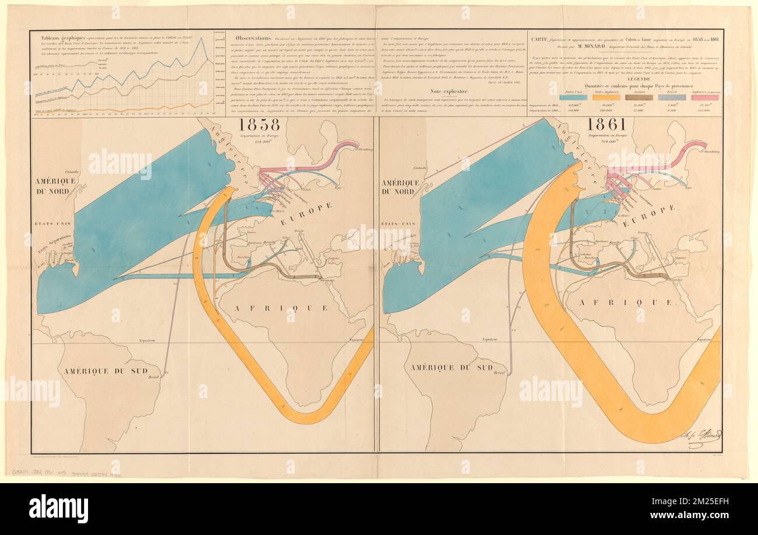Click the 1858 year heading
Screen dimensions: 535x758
pos(258,124)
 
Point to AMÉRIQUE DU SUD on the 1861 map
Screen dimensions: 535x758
pos(452,367)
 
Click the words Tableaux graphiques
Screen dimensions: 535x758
pos(53,35)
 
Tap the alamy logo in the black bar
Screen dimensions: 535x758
pos(58,508)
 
